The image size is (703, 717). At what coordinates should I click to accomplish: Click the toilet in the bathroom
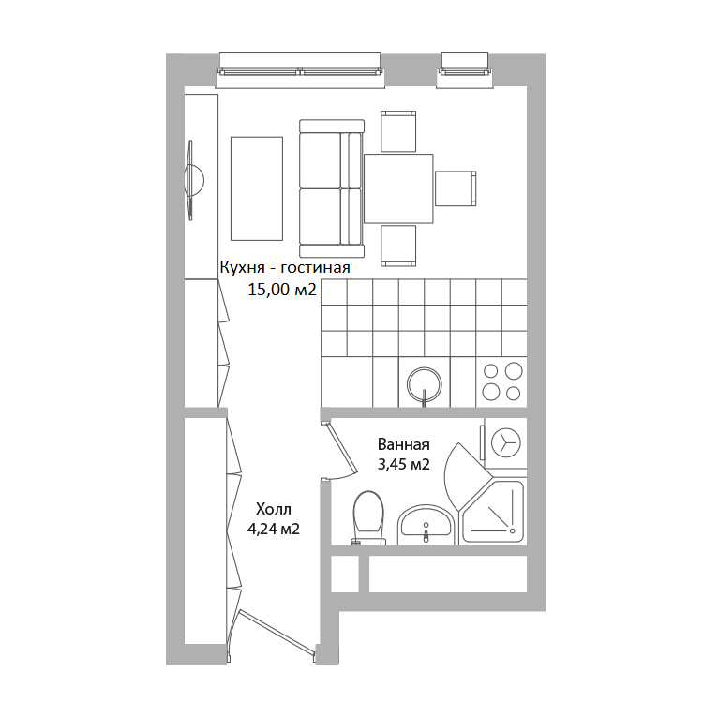point(368,517)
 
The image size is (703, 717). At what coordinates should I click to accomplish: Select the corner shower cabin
point(493,511)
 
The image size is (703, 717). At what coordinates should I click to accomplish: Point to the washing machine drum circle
point(506,442)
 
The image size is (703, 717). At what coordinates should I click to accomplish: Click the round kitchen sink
point(425,384)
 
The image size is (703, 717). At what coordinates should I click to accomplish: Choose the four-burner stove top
point(501,381)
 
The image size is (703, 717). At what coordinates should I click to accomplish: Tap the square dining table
point(398,188)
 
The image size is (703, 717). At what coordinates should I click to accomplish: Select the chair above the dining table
point(398,131)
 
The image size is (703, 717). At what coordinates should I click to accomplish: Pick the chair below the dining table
point(398,246)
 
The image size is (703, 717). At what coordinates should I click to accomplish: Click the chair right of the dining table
point(456,188)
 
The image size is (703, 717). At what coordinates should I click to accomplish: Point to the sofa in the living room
point(332,188)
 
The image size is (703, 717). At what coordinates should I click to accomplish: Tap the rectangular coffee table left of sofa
point(257,188)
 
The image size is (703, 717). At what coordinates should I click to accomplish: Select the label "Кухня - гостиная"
point(285,267)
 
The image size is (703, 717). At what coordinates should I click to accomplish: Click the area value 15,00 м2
point(282,290)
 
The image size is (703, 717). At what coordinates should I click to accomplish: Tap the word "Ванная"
point(403,444)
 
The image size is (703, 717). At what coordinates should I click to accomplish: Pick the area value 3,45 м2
point(403,465)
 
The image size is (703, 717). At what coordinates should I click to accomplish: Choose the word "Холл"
point(274,509)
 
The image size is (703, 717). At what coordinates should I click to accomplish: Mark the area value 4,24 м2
point(274,529)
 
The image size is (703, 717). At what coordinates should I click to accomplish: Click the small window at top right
point(465,70)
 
